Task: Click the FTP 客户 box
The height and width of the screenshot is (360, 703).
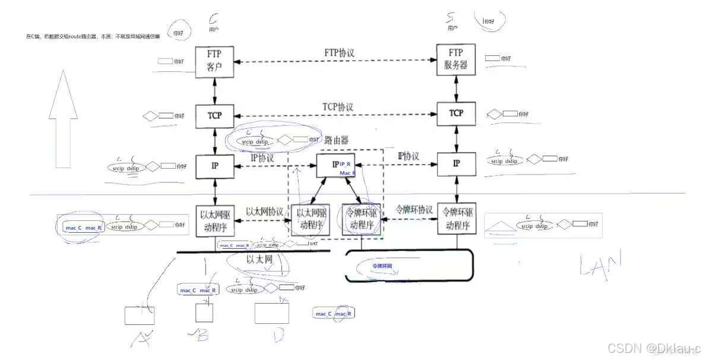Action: tap(215, 61)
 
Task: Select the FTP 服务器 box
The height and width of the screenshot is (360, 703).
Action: tap(455, 59)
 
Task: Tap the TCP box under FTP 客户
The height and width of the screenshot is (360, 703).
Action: tap(215, 115)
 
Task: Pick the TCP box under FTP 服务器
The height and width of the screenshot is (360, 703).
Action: tap(455, 113)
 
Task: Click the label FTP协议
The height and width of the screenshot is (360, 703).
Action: tap(340, 53)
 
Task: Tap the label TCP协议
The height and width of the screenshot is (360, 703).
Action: tap(338, 107)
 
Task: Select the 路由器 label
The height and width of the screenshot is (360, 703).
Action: tap(336, 141)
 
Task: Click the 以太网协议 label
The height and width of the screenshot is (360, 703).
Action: tap(264, 211)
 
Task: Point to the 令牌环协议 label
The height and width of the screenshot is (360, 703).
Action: tap(414, 210)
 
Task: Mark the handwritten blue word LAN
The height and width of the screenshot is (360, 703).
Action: tap(600, 264)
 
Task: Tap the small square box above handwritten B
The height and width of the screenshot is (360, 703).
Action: tap(204, 312)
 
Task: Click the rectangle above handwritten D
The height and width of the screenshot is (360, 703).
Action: tap(271, 312)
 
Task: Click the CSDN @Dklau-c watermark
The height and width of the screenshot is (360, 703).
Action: tap(656, 347)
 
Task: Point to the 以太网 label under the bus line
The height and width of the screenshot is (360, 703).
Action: tap(259, 260)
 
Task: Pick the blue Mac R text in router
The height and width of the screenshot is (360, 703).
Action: tap(348, 173)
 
